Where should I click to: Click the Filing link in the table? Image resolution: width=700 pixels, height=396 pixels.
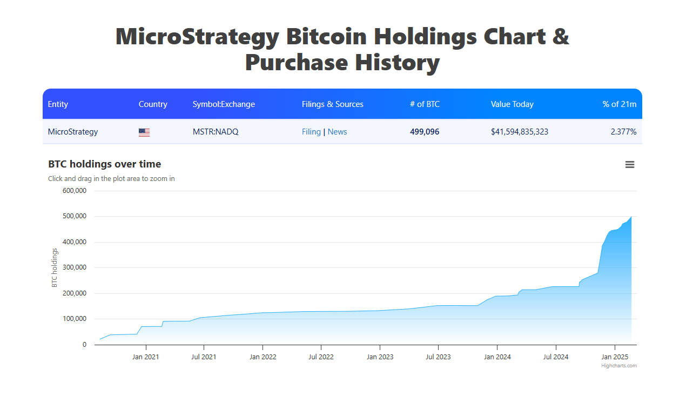(311, 132)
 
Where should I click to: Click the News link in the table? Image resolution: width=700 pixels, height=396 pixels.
(337, 132)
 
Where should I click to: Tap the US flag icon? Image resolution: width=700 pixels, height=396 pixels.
(144, 132)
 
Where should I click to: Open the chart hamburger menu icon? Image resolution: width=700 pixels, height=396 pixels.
(630, 165)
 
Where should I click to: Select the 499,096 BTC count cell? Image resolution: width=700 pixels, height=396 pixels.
(425, 132)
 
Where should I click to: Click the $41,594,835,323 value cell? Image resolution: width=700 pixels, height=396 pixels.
(519, 132)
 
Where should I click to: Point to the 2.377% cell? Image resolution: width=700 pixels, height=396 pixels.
(623, 132)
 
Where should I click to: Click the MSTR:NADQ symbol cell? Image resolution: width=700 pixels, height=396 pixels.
(216, 132)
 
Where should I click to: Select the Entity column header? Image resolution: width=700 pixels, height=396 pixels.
(58, 104)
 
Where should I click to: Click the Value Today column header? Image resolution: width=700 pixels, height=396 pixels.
(512, 104)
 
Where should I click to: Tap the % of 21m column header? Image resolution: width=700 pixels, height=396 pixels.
(619, 104)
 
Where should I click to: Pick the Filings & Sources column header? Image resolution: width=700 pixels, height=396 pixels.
(332, 104)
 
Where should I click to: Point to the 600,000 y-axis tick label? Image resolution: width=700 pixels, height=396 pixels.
(75, 191)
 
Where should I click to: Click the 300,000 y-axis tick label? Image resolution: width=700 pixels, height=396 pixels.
(75, 267)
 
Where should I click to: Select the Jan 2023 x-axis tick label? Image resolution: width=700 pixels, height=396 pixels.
(380, 357)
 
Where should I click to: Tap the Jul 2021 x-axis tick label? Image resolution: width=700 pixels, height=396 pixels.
(204, 357)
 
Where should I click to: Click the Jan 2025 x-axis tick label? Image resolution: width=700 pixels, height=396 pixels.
(614, 357)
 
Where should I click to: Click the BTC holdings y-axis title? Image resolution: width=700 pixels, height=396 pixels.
(54, 267)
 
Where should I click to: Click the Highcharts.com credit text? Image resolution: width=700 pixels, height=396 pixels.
(619, 366)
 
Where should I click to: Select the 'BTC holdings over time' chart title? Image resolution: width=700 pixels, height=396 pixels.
(104, 164)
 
